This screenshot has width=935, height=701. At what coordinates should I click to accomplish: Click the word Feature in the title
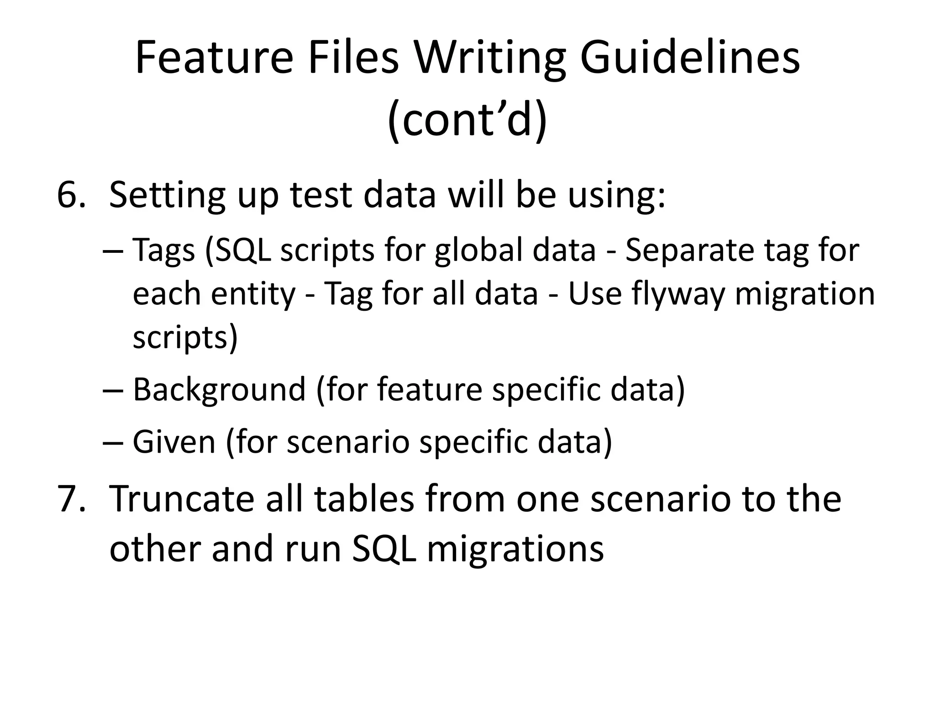[214, 58]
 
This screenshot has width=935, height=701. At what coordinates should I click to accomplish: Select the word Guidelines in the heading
[689, 58]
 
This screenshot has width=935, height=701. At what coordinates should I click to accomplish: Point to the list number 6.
[71, 195]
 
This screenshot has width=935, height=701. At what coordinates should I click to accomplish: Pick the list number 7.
[71, 499]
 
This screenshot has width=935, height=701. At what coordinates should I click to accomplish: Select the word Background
[219, 391]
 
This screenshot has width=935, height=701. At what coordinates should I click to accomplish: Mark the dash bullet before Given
[112, 443]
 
